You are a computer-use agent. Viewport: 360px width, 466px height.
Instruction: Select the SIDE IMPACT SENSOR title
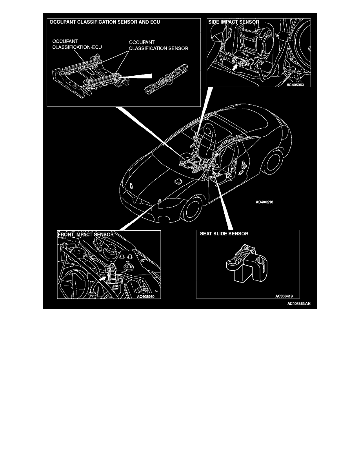pos(233,22)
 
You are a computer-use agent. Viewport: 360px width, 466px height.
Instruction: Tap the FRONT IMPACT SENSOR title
pos(86,234)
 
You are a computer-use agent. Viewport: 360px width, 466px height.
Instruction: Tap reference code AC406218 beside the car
pos(267,203)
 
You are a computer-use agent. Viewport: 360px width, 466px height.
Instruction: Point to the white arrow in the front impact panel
pos(103,279)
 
